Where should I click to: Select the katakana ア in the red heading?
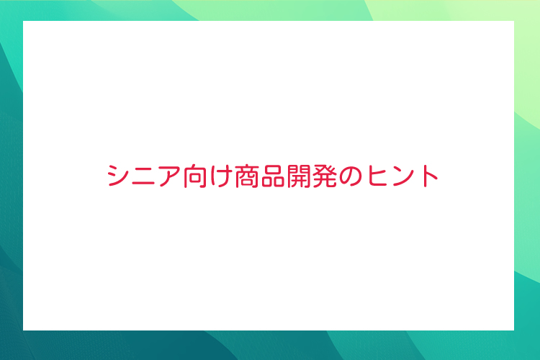[169, 176]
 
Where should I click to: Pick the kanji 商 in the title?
[247, 176]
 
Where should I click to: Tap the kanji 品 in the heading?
[273, 176]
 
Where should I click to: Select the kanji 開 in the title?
[299, 176]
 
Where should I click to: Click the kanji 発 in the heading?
[325, 176]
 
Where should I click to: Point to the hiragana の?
[351, 176]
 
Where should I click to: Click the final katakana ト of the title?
[429, 176]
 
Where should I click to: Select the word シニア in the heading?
[144, 176]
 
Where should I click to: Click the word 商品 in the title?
[260, 176]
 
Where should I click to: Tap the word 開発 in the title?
[312, 176]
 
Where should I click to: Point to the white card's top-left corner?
[23, 21]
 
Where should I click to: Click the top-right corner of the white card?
[514, 21]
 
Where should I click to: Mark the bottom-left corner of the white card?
[23, 330]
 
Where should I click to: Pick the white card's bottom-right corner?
[514, 330]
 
